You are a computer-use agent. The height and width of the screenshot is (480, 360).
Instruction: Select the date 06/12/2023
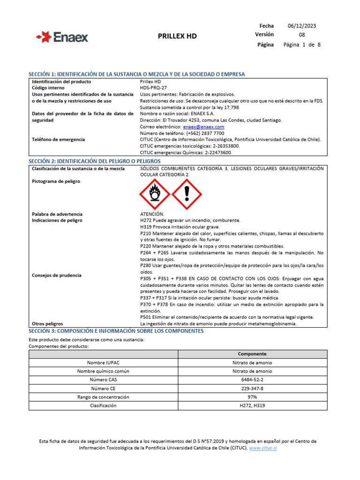(x=301, y=26)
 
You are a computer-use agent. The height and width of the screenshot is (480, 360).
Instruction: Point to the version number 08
(x=302, y=35)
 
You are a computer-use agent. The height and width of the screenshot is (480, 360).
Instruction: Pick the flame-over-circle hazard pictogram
(x=154, y=195)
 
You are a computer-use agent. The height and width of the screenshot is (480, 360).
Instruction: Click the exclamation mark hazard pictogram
(x=187, y=195)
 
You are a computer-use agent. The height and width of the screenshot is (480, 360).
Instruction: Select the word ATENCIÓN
(x=152, y=214)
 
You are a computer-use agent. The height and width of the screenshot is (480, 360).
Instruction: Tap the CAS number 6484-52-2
(x=252, y=380)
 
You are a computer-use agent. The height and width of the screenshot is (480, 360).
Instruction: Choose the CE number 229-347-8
(x=252, y=388)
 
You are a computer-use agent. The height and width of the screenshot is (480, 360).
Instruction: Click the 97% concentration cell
(x=252, y=397)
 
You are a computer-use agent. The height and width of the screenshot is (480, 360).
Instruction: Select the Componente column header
(x=252, y=354)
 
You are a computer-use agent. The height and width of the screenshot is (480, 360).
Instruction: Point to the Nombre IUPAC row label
(x=103, y=363)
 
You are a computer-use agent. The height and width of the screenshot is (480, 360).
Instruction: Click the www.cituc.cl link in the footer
(x=262, y=448)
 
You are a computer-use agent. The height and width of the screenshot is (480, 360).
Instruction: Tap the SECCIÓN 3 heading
(x=116, y=331)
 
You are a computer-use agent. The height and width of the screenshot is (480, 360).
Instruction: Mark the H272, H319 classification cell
(x=252, y=405)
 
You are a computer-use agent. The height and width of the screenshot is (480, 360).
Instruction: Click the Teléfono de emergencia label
(x=58, y=139)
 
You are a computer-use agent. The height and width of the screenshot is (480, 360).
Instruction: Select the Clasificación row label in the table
(x=103, y=405)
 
